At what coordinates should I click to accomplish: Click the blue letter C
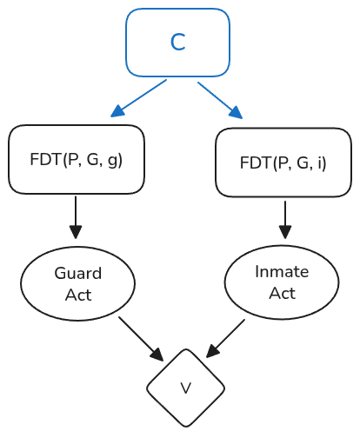pos(177,43)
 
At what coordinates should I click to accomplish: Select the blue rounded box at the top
pos(177,43)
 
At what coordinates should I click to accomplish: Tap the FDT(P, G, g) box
pos(77,159)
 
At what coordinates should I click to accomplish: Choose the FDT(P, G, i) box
pos(283,163)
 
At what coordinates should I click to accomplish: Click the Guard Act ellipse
pos(77,283)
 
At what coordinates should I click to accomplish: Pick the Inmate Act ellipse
pos(282,282)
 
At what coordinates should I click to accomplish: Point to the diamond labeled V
pos(186,388)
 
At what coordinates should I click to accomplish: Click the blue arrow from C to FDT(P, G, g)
pos(138,98)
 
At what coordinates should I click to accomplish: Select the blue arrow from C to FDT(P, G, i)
pos(220,100)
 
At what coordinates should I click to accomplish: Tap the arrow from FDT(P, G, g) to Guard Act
pos(76,217)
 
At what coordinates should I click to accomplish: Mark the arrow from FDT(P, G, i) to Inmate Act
pos(285,220)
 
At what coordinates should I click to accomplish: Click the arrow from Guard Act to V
pos(141,339)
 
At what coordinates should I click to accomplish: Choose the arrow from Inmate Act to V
pos(225,338)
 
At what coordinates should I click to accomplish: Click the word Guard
pos(78,273)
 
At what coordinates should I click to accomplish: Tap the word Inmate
pos(282,272)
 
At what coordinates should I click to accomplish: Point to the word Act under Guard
pos(78,295)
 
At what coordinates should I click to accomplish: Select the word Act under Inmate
pos(283,294)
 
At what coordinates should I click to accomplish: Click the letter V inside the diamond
pos(186,388)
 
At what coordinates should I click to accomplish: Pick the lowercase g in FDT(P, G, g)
pos(113,161)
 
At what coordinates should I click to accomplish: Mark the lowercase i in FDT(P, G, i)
pos(320,163)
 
